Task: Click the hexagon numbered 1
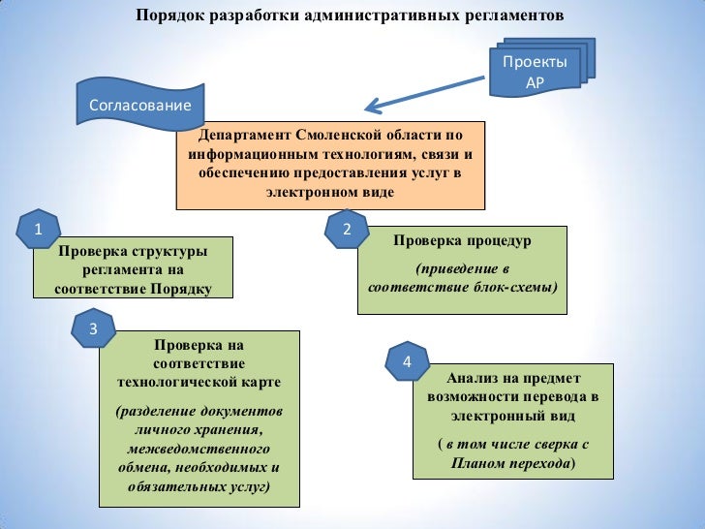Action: [x=38, y=230]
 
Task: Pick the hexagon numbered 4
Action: [x=407, y=362]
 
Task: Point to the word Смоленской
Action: [x=339, y=135]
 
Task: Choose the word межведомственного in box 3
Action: [x=199, y=450]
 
